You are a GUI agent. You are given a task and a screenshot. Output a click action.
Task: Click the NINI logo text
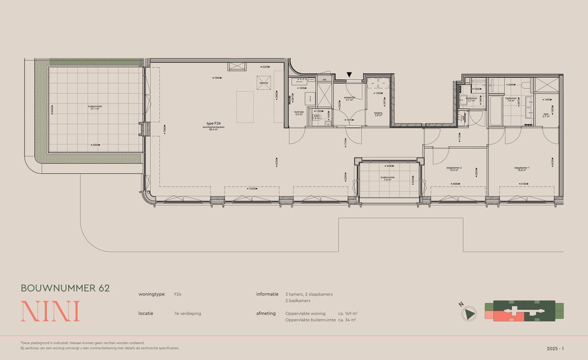click(50, 311)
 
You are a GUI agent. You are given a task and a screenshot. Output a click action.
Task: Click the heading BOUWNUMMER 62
click(65, 288)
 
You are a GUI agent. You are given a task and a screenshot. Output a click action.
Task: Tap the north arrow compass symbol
click(469, 314)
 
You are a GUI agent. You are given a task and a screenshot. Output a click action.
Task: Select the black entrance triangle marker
click(350, 75)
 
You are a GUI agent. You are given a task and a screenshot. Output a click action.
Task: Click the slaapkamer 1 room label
click(522, 169)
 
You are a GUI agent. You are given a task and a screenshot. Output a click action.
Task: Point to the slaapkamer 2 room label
click(454, 169)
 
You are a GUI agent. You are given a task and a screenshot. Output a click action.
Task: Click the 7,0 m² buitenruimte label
click(388, 178)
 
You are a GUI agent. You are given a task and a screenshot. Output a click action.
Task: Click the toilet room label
click(317, 117)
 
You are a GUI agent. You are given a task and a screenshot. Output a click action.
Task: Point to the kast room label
click(546, 115)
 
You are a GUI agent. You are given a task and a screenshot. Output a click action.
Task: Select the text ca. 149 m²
click(347, 314)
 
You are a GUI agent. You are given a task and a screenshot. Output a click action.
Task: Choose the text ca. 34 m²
click(346, 320)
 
